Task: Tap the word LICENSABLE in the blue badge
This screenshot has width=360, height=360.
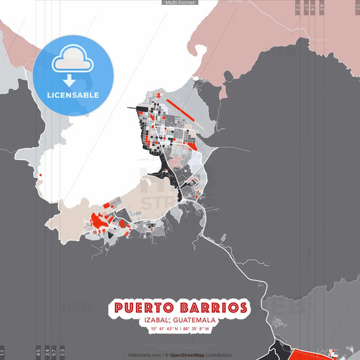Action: [x=73, y=95]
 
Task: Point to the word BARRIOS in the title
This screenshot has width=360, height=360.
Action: [x=215, y=309]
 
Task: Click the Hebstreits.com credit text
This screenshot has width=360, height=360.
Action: [x=145, y=355]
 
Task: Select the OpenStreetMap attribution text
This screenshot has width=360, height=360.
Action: [x=192, y=355]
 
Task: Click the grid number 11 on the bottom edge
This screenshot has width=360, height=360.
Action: [x=3, y=352]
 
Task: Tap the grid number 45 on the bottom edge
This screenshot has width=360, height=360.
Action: [x=38, y=352]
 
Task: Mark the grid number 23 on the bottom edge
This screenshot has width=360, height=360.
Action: [x=62, y=352]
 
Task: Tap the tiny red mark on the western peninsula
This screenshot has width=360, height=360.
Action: [x=40, y=176]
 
